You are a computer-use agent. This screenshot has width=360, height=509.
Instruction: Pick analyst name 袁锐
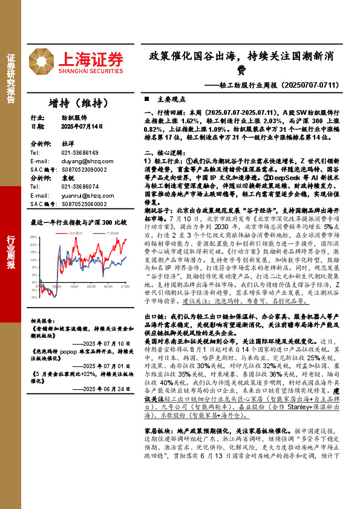coord(65,179)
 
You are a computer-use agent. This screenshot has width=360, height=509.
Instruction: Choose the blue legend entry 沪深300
coord(112,233)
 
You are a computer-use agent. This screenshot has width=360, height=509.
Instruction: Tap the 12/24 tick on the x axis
coord(73,287)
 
